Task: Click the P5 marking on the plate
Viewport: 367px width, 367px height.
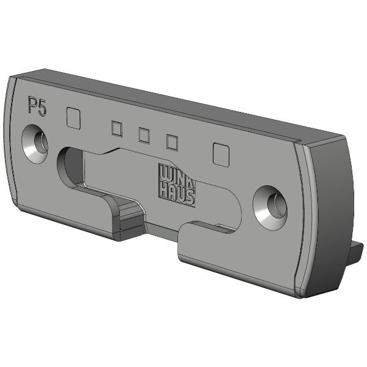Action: [37, 106]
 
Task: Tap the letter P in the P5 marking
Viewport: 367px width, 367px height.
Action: [32, 105]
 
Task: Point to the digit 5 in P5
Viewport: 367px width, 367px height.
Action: [42, 108]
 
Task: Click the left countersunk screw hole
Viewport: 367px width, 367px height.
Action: [35, 144]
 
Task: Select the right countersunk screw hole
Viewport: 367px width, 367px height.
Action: [270, 208]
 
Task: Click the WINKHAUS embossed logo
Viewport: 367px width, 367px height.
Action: [177, 185]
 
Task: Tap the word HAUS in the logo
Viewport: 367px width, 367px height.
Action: [177, 195]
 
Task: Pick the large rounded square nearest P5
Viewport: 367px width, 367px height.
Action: [73, 118]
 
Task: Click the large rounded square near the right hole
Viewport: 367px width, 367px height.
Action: [221, 155]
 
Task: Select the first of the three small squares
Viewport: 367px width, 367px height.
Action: [117, 128]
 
